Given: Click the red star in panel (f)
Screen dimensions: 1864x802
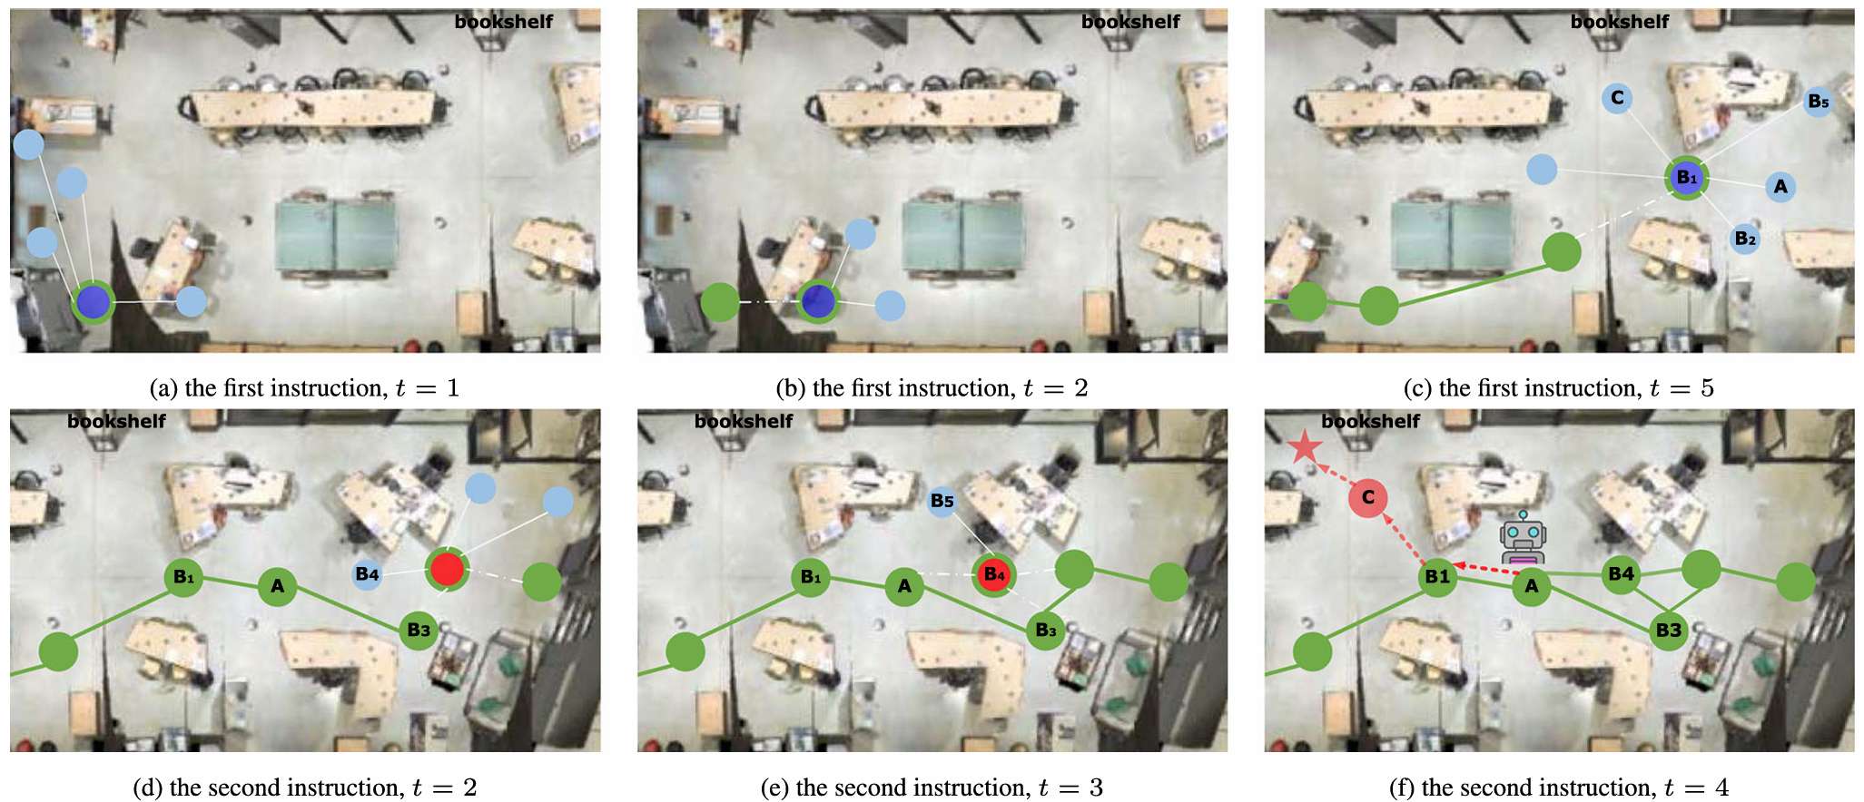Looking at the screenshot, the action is [x=1305, y=446].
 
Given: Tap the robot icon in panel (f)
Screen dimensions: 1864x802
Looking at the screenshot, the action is [x=1523, y=541].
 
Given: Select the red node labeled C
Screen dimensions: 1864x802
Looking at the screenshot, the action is [x=1368, y=497].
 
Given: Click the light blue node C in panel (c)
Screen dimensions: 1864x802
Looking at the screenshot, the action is [x=1617, y=97].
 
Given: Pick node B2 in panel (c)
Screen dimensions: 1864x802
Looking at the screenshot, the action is [x=1744, y=239].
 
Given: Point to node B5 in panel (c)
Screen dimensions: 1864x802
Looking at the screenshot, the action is [x=1818, y=102].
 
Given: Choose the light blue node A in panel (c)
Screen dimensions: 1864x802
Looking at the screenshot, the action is [x=1780, y=187].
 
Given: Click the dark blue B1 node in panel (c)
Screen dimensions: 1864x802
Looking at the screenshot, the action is [x=1686, y=178].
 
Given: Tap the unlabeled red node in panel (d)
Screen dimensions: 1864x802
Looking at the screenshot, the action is [x=447, y=570].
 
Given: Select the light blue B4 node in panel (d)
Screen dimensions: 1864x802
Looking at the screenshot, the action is [x=367, y=574].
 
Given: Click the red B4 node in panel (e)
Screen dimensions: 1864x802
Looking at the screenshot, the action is [x=994, y=574].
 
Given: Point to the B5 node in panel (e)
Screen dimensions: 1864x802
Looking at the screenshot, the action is [x=942, y=501].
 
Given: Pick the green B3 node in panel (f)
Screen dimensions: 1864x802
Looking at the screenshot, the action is [x=1668, y=631].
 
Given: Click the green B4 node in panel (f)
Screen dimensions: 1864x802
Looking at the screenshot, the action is [x=1621, y=573].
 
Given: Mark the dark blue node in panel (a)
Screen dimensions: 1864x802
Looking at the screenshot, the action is [x=93, y=302].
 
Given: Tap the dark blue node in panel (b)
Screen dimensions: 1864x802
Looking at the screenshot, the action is [x=818, y=302].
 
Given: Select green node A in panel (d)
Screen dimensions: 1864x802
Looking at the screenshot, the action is [x=277, y=586].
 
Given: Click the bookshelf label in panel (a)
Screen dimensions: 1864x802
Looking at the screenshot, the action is [x=503, y=22].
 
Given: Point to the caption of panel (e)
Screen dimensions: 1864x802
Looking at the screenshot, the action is [x=932, y=787].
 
